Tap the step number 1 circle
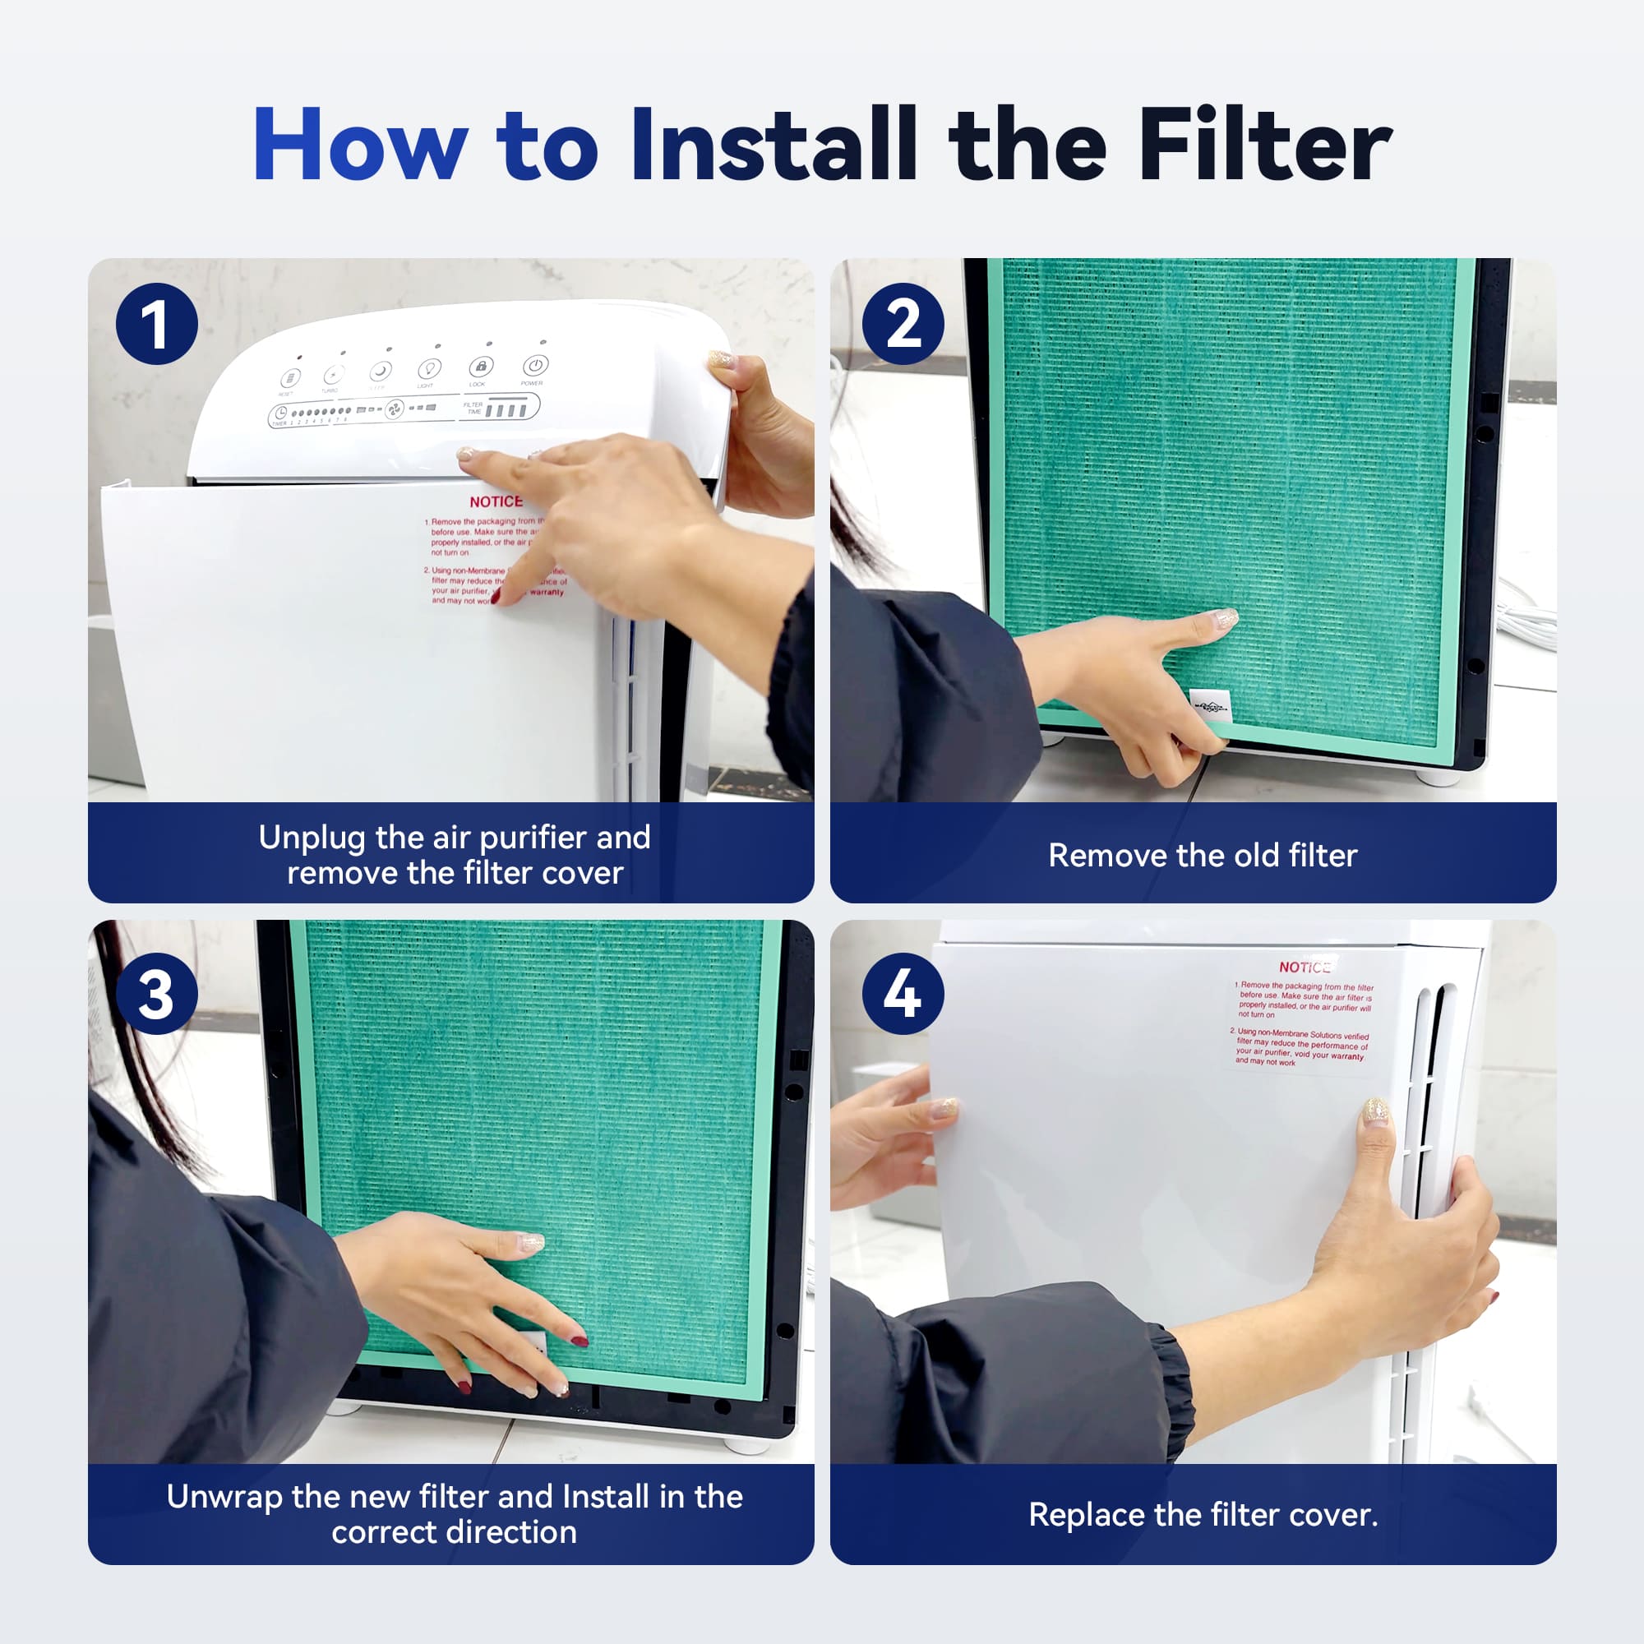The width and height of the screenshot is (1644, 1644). point(156,324)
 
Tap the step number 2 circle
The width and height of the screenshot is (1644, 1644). point(903,324)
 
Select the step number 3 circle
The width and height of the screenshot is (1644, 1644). point(156,993)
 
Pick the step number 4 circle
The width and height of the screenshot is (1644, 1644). point(903,993)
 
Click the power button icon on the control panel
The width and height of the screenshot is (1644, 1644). point(534,366)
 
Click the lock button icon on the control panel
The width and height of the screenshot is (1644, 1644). point(481,367)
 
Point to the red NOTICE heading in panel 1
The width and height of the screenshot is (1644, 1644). point(496,502)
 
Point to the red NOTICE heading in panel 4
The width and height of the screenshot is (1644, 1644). point(1304,967)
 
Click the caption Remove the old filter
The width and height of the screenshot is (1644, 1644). point(1203,855)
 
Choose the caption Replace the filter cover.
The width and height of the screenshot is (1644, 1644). point(1203,1515)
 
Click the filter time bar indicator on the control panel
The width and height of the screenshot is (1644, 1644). point(506,411)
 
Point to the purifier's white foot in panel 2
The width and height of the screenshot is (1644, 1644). point(1437,776)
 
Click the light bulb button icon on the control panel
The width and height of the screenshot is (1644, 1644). point(428,369)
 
